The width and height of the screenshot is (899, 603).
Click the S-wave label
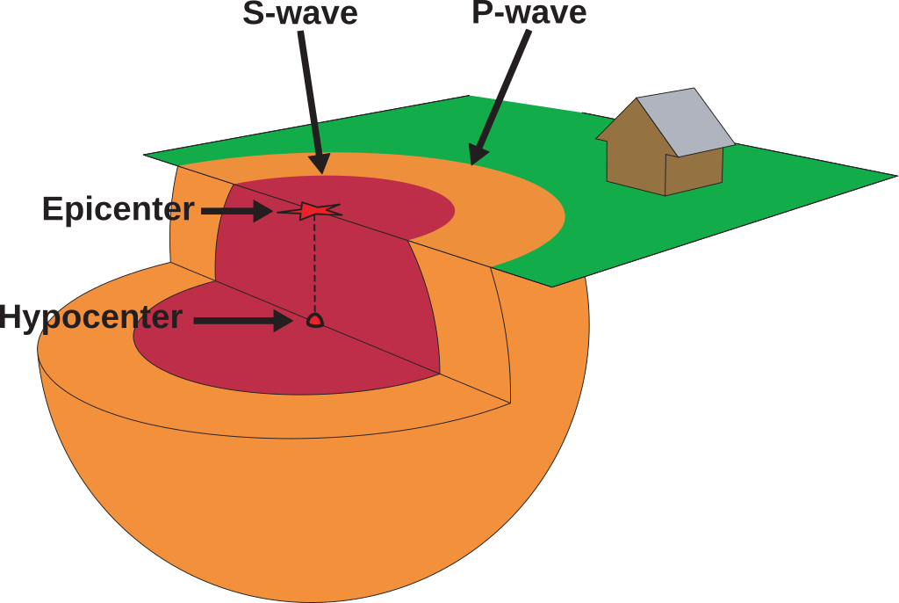pos(299,13)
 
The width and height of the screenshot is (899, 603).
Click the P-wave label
pos(529,13)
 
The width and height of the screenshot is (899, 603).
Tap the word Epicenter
pos(118,209)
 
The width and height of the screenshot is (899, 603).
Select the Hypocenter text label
pos(91,316)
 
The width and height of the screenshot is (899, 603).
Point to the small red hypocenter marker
pos(314,321)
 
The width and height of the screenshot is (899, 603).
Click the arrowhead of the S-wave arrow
pos(320,163)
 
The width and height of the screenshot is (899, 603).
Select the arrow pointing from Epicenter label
pos(237,211)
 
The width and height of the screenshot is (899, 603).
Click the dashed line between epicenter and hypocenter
pos(314,264)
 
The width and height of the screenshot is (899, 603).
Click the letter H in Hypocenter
pos(12,316)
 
